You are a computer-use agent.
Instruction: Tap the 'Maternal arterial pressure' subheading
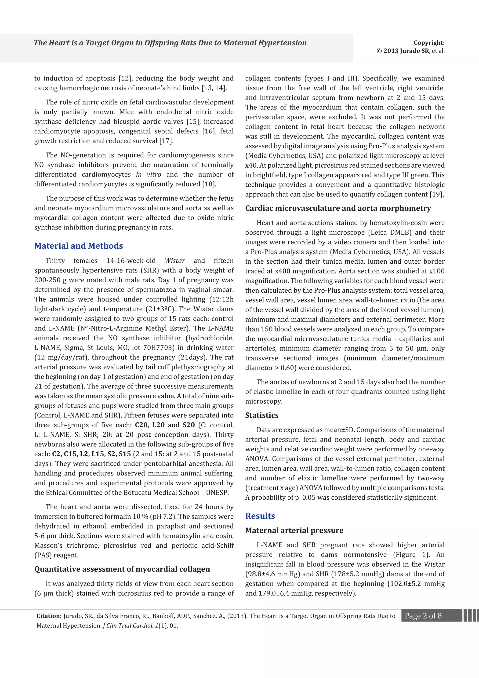click(x=294, y=530)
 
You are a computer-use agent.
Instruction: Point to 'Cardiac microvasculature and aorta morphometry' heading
click(x=338, y=208)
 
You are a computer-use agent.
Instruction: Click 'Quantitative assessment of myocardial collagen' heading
click(x=122, y=569)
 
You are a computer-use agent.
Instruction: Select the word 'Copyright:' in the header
click(x=429, y=43)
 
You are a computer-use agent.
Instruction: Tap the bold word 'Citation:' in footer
click(x=49, y=616)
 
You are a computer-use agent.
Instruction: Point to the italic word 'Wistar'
click(x=175, y=261)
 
